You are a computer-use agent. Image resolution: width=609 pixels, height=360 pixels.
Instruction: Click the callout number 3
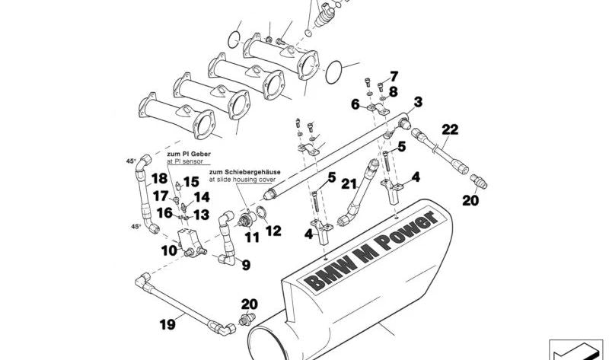tap(418, 101)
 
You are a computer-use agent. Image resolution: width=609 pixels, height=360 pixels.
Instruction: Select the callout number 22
tap(450, 129)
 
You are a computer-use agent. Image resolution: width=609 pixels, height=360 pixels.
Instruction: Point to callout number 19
tap(167, 325)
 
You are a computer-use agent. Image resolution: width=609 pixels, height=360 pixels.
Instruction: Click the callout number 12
tap(273, 231)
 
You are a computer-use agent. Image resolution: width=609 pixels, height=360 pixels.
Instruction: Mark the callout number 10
tap(169, 250)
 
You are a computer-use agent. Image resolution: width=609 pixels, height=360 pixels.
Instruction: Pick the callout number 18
tap(158, 179)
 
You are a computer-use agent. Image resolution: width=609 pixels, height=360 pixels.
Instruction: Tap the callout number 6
tap(355, 104)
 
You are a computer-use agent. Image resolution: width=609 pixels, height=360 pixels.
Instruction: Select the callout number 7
tap(394, 76)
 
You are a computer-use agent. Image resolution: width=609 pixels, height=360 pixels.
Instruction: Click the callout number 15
tap(190, 182)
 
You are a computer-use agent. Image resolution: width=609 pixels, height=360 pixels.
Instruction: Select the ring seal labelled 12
tap(260, 213)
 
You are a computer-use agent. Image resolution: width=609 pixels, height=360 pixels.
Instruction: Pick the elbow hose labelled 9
tap(228, 240)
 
